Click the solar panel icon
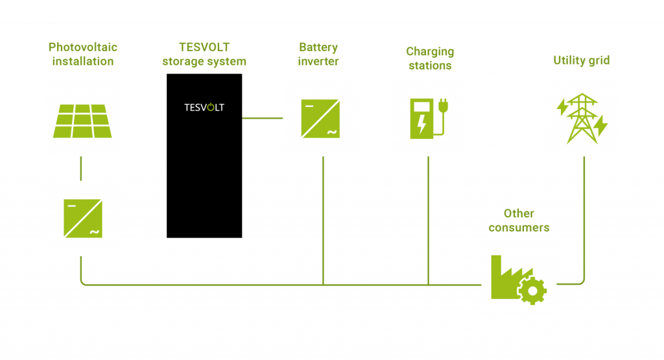pyautogui.click(x=82, y=121)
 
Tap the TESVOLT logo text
pyautogui.click(x=204, y=107)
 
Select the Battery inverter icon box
pyautogui.click(x=320, y=119)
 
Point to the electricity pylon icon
pyautogui.click(x=582, y=119)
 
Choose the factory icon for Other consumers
pyautogui.click(x=518, y=280)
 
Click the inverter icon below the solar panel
pyautogui.click(x=82, y=219)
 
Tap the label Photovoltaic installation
pyautogui.click(x=82, y=54)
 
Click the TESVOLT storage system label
pyautogui.click(x=204, y=54)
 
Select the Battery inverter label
pyautogui.click(x=318, y=54)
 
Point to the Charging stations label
pyautogui.click(x=429, y=58)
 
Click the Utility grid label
pyautogui.click(x=582, y=60)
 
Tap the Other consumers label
pyautogui.click(x=519, y=221)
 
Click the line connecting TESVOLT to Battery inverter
pyautogui.click(x=262, y=118)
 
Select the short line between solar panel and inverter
pyautogui.click(x=81, y=169)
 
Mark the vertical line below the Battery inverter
pyautogui.click(x=322, y=221)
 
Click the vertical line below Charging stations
pyautogui.click(x=428, y=221)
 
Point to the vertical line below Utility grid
pyautogui.click(x=584, y=214)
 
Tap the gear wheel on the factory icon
pyautogui.click(x=532, y=291)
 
